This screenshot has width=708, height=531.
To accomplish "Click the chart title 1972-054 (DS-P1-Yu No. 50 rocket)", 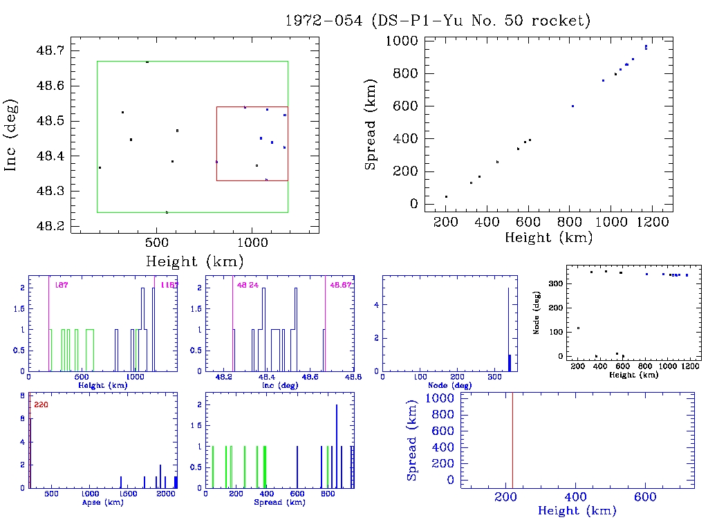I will tap(438, 21).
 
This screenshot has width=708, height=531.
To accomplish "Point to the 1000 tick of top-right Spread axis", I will tap(401, 41).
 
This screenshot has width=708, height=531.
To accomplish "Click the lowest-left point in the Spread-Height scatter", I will tap(446, 197).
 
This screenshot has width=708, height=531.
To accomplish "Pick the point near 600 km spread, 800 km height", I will tap(572, 106).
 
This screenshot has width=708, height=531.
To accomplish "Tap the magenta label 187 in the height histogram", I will tap(61, 285).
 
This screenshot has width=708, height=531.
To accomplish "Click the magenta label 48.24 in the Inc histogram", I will tap(247, 285).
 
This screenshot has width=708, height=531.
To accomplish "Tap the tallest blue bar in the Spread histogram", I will tap(337, 446).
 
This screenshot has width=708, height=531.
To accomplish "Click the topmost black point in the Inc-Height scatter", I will tap(147, 62).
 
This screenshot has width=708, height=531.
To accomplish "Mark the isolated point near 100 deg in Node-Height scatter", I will tap(578, 328).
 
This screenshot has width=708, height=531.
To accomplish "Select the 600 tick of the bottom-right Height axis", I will tap(645, 497).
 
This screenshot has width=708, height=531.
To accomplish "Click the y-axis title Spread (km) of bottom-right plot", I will tap(412, 439).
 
